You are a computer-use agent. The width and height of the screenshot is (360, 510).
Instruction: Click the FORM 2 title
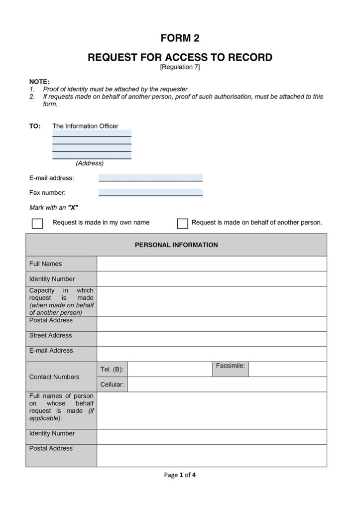pyautogui.click(x=180, y=38)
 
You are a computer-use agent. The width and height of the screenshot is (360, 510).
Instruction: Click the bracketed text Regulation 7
pyautogui.click(x=180, y=67)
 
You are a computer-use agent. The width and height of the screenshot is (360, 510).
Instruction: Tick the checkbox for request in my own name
pyautogui.click(x=37, y=223)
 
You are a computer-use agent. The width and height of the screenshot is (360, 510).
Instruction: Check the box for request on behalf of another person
pyautogui.click(x=183, y=223)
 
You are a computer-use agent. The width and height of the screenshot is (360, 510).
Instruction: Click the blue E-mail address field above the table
pyautogui.click(x=150, y=178)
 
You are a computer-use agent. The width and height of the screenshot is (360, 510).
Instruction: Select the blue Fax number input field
pyautogui.click(x=150, y=193)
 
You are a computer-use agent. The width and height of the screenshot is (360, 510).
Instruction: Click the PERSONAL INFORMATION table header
pyautogui.click(x=176, y=245)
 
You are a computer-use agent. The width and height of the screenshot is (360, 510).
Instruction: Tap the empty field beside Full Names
pyautogui.click(x=212, y=264)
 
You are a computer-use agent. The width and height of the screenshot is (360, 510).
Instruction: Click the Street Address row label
pyautogui.click(x=51, y=336)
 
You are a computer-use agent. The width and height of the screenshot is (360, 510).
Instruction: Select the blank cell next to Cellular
pyautogui.click(x=227, y=384)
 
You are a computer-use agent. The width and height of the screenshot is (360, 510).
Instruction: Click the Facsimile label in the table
pyautogui.click(x=231, y=366)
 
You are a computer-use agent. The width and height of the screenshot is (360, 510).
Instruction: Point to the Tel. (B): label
pyautogui.click(x=112, y=370)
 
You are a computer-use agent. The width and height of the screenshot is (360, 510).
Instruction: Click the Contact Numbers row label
pyautogui.click(x=54, y=377)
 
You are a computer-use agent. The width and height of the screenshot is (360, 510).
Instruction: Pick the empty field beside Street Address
pyautogui.click(x=212, y=339)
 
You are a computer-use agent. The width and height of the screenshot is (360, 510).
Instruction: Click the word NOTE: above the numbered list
pyautogui.click(x=39, y=81)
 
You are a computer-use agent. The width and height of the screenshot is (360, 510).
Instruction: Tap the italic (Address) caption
pyautogui.click(x=90, y=163)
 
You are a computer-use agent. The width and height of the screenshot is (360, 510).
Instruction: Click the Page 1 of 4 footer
pyautogui.click(x=180, y=475)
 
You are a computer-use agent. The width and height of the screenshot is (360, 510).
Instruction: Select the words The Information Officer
pyautogui.click(x=86, y=126)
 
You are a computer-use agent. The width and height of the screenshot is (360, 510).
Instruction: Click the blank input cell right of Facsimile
pyautogui.click(x=287, y=369)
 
